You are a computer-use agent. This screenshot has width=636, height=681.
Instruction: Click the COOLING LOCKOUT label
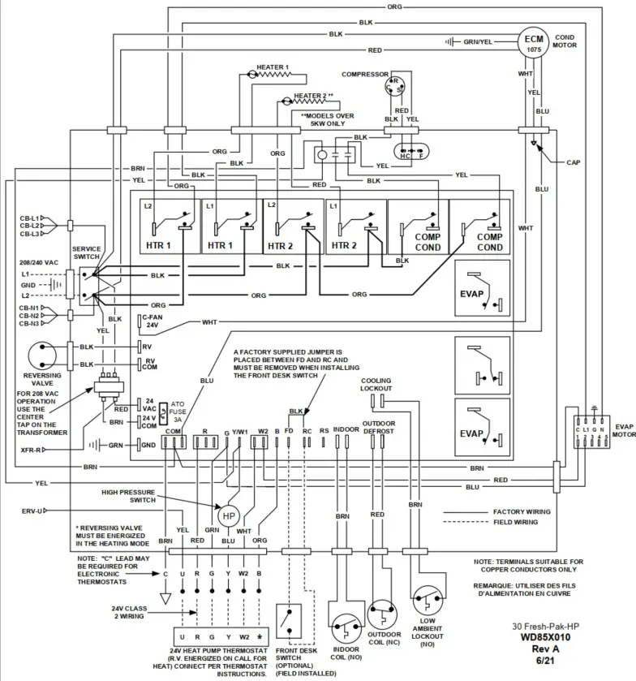(x=376, y=384)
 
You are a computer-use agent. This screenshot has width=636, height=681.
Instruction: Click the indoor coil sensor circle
(x=344, y=619)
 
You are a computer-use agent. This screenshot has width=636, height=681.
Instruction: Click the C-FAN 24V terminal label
(x=152, y=323)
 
